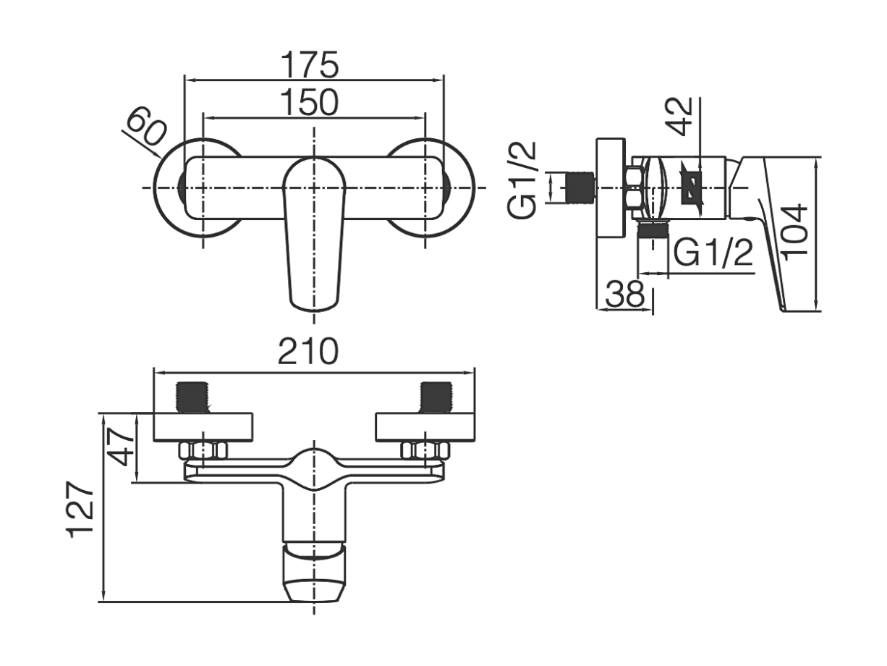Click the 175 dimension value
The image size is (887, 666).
point(309,64)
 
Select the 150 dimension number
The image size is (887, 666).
point(309,102)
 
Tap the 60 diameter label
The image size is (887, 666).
point(146,126)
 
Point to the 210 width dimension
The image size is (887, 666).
point(308,351)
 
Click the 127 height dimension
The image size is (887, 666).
point(80,509)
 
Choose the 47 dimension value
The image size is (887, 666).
point(120,447)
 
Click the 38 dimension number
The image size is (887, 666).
point(625,294)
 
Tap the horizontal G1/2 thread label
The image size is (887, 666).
point(713,253)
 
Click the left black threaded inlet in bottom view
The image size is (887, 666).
point(192,397)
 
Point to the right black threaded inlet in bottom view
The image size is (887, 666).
point(436,397)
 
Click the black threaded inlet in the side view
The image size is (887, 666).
point(580,188)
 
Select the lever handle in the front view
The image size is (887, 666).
point(315,234)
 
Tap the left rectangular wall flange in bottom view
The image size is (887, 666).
point(203,426)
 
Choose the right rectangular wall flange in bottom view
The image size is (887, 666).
point(425,426)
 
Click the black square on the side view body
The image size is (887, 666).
point(692,188)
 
